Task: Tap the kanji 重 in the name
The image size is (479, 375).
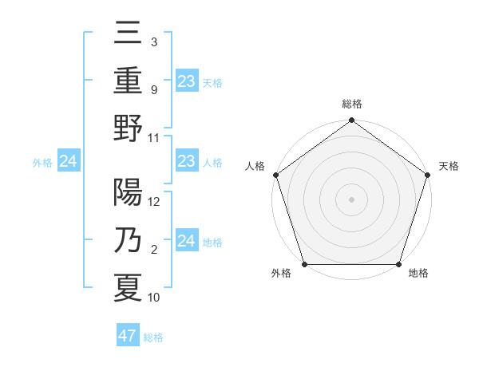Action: click(x=128, y=82)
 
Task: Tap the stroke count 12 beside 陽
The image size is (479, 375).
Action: click(x=154, y=201)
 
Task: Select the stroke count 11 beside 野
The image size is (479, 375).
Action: click(x=154, y=137)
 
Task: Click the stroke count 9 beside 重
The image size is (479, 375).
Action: click(x=153, y=91)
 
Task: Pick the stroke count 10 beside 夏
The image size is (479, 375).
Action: click(x=154, y=298)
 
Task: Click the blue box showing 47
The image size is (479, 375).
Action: click(x=127, y=336)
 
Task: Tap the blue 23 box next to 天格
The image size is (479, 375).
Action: click(x=186, y=81)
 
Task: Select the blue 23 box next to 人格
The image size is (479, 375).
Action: click(x=186, y=162)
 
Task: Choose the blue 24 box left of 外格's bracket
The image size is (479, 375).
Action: click(x=69, y=162)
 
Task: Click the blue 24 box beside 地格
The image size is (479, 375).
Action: click(x=186, y=241)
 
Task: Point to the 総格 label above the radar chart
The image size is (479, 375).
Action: click(x=351, y=104)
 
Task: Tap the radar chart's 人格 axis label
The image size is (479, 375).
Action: click(x=256, y=166)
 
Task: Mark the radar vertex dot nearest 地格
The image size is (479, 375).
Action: click(x=398, y=264)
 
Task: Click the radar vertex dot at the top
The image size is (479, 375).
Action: click(x=351, y=121)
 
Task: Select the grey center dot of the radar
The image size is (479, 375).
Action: click(x=351, y=199)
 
